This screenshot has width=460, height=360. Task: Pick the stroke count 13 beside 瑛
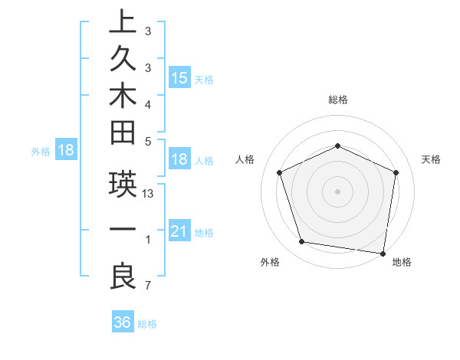[149, 195]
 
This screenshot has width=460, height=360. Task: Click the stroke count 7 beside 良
[148, 286]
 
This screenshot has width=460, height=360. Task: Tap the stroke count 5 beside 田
[148, 141]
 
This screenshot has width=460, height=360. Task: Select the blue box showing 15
[179, 78]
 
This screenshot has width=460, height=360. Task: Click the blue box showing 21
[179, 231]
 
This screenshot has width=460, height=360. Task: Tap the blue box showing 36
[122, 322]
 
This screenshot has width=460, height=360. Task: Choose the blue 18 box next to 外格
[66, 150]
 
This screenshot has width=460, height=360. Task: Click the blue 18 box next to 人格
[179, 160]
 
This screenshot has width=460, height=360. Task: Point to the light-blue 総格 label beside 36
[148, 324]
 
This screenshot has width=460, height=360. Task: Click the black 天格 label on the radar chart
[432, 159]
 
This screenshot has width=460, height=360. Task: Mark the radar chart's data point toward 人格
[280, 172]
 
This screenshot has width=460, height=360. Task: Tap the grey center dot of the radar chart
[337, 191]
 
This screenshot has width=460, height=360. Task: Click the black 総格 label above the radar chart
[338, 100]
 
